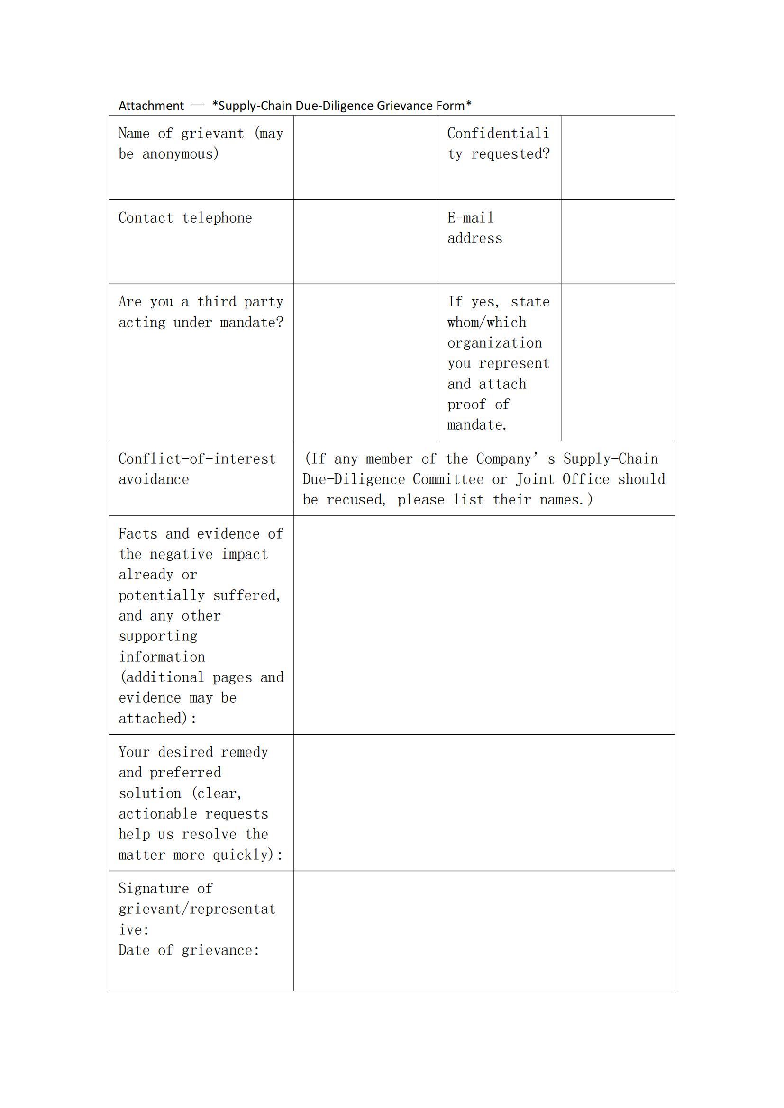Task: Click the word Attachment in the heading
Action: point(151,106)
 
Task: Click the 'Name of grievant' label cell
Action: point(201,144)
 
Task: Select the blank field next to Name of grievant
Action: point(365,157)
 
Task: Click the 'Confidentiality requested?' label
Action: point(498,144)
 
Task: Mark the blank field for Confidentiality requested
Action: point(618,157)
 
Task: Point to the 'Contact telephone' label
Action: point(185,217)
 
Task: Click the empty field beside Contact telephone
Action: point(365,241)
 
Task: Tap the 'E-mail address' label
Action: point(474,228)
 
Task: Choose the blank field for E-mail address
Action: point(618,241)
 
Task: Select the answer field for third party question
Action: point(365,362)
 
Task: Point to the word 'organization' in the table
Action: point(494,343)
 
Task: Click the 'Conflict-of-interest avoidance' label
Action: point(197,468)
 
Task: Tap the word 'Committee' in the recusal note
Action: point(447,479)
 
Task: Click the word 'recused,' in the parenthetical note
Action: point(356,500)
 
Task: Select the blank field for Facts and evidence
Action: point(484,625)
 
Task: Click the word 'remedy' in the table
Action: point(244,752)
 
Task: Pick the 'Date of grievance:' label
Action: point(189,950)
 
